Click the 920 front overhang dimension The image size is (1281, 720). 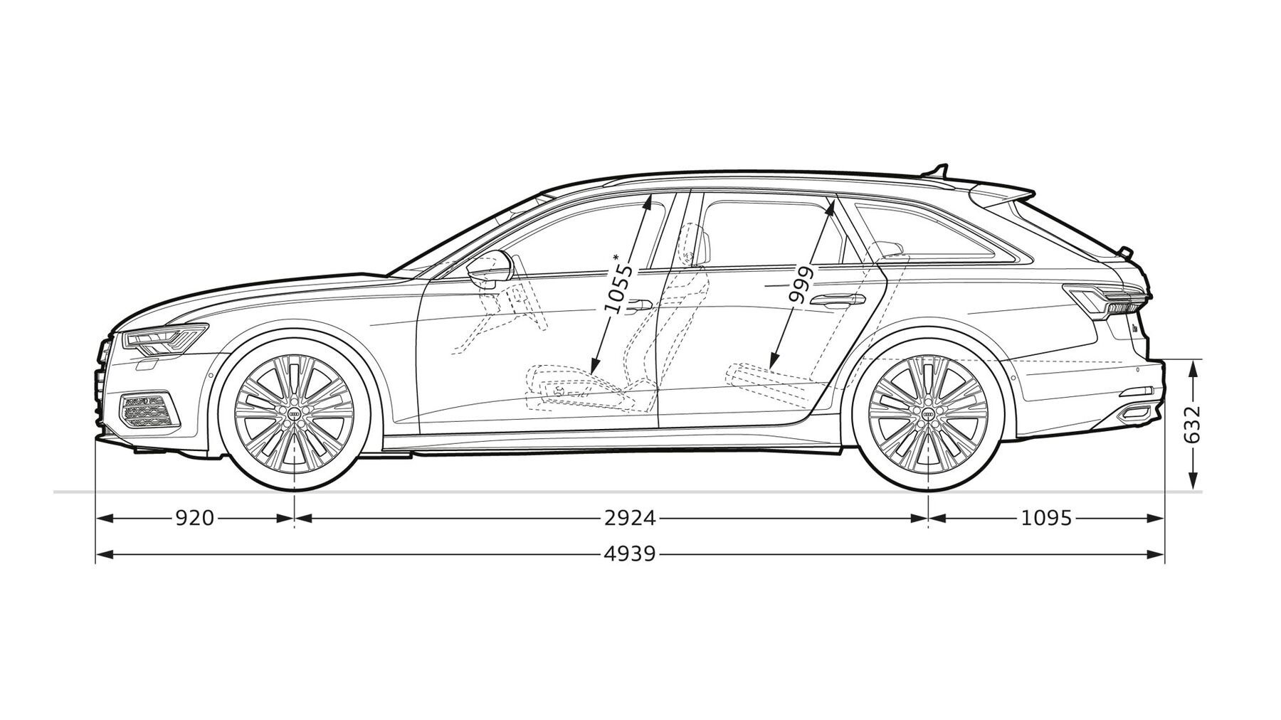tap(194, 518)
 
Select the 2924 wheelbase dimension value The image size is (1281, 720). tap(630, 518)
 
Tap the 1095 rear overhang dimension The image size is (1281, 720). tap(1046, 518)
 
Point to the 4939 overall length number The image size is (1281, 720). tap(630, 554)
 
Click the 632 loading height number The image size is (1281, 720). tap(1193, 425)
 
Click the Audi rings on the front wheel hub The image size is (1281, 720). tap(294, 414)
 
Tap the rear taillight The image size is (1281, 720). tap(1105, 299)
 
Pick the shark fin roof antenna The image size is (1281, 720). tap(937, 171)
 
